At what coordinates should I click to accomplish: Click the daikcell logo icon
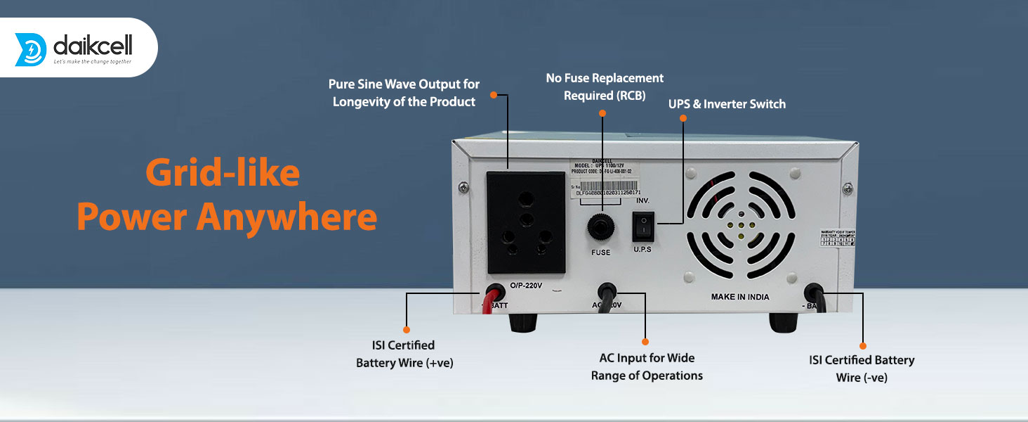pos(30,49)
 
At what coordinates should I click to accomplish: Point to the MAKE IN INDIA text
pos(739,297)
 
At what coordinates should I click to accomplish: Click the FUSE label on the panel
pos(600,252)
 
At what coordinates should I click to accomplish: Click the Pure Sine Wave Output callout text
pos(404,93)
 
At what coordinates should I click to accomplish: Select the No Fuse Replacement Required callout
pos(605,87)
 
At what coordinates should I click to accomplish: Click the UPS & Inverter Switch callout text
pos(727,104)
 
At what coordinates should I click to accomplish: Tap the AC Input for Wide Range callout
pos(647,366)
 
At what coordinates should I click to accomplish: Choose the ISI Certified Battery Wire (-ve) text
pos(862,369)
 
